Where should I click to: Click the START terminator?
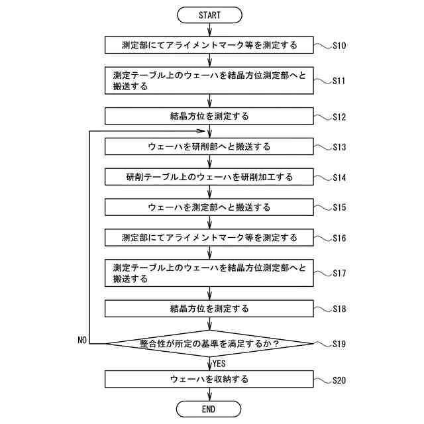click(x=209, y=14)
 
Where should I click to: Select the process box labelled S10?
click(x=209, y=46)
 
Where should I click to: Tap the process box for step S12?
click(x=209, y=117)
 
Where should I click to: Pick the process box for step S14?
click(x=209, y=178)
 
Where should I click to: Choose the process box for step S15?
click(x=209, y=207)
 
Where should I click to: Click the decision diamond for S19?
click(x=209, y=344)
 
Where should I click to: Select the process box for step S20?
click(x=209, y=380)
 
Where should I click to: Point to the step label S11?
click(x=339, y=81)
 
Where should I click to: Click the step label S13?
click(x=339, y=146)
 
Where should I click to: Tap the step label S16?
click(x=339, y=237)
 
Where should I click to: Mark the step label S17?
click(x=339, y=273)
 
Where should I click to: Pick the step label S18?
click(x=339, y=309)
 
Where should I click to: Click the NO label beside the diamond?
click(x=83, y=339)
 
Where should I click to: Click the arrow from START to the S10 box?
click(x=209, y=29)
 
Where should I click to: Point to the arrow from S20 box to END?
click(x=209, y=394)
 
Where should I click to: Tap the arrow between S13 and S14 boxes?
click(x=209, y=162)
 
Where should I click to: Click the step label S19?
click(x=339, y=344)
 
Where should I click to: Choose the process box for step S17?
click(x=209, y=273)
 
